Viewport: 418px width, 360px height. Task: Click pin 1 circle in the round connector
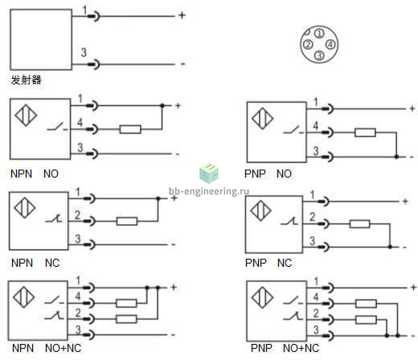pos(319,34)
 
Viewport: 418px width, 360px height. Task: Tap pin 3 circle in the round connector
pos(319,55)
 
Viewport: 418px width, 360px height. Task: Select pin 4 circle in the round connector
pos(330,44)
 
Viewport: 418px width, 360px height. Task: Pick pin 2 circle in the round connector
pos(308,44)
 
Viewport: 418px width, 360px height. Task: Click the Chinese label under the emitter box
pos(26,80)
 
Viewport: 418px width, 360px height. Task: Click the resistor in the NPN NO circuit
pos(130,129)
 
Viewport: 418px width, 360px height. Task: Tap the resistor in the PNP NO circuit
pos(365,133)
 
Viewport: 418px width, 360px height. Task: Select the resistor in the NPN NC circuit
pos(127,221)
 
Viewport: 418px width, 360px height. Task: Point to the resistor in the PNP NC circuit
pos(360,224)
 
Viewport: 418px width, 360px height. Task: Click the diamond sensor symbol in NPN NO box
pos(26,116)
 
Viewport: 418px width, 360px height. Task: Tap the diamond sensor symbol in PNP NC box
pos(260,211)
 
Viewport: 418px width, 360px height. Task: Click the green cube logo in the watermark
pos(209,173)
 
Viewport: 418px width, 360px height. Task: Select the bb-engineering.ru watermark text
pos(209,191)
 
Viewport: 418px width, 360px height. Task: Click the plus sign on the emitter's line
pos(182,15)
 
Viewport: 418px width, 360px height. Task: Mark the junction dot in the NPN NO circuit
pos(162,105)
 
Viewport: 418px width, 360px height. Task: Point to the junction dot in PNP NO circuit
pos(396,157)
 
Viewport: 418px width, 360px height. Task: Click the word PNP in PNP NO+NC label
pos(261,348)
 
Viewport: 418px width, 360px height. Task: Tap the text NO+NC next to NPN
pos(64,348)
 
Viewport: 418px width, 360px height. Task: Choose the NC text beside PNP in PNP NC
pos(285,263)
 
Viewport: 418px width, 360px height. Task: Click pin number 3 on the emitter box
pos(84,52)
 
